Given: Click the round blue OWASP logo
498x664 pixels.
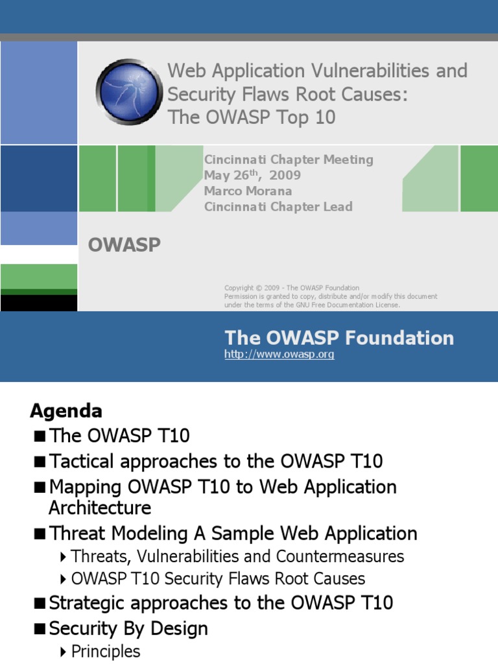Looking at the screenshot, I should click(129, 91).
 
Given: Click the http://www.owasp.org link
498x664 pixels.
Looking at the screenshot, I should click(279, 355).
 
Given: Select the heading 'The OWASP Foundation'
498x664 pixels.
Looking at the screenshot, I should click(338, 338).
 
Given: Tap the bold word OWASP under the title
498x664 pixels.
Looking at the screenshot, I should click(124, 246).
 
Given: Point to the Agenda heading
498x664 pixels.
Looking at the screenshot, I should click(66, 411).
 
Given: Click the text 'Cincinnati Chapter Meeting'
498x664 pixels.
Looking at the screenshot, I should click(289, 160).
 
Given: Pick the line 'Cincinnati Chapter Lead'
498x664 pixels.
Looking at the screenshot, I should click(278, 207).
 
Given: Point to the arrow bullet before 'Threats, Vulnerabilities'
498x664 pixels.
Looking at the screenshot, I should click(62, 557).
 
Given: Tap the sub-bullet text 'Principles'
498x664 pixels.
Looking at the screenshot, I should click(106, 651).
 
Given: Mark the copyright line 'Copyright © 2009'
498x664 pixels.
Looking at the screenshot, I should click(253, 288).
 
